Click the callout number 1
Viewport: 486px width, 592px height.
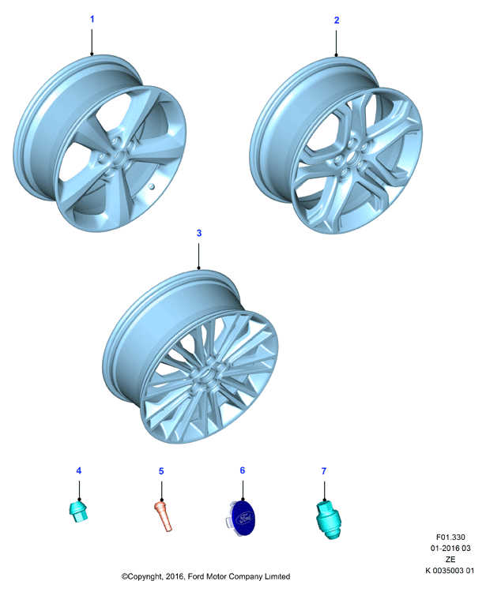click(x=92, y=19)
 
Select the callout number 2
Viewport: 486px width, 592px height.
click(x=337, y=20)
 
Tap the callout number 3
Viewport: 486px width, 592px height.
click(x=199, y=233)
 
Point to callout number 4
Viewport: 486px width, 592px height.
click(x=78, y=470)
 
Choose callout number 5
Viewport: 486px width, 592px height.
click(x=161, y=471)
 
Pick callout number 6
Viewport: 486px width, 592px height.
click(x=243, y=470)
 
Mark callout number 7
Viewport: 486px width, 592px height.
click(x=324, y=471)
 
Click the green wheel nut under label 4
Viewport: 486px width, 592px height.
click(x=78, y=511)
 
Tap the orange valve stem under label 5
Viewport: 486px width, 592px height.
click(x=164, y=515)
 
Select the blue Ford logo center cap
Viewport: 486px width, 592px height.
click(x=243, y=518)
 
